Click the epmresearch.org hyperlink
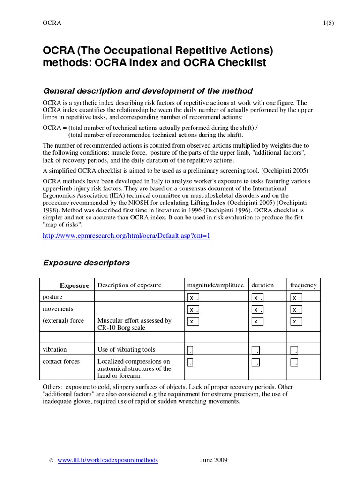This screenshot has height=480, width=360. click(x=127, y=236)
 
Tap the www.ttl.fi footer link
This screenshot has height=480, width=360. click(x=108, y=460)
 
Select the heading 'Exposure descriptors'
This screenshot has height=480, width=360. click(x=86, y=263)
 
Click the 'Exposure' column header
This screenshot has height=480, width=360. click(x=74, y=285)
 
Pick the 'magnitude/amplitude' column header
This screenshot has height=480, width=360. click(x=215, y=285)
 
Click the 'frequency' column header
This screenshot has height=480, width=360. click(x=303, y=285)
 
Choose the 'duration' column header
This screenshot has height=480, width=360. click(x=262, y=285)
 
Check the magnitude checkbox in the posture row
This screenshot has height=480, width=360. click(x=193, y=298)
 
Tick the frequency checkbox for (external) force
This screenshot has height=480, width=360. click(x=296, y=322)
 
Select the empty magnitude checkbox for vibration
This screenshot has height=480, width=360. click(x=191, y=350)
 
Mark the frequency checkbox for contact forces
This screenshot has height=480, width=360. click(x=294, y=362)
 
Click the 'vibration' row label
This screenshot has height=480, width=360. click(x=54, y=350)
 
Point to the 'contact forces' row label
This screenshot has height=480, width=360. click(x=61, y=362)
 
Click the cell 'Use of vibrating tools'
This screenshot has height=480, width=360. click(x=126, y=350)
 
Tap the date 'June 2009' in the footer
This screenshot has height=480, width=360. click(x=214, y=460)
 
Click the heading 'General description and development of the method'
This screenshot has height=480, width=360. click(x=148, y=91)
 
